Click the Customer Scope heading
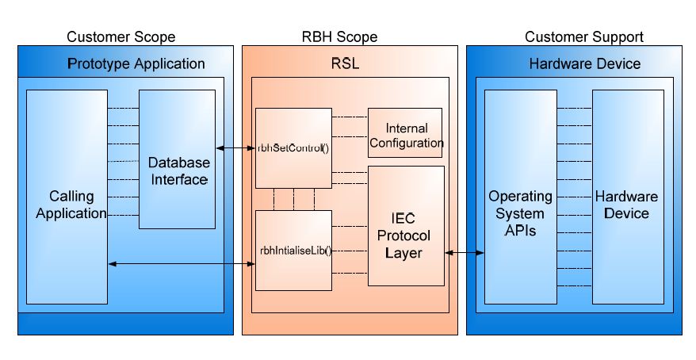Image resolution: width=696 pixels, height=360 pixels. pos(121,36)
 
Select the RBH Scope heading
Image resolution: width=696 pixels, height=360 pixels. pos(339,36)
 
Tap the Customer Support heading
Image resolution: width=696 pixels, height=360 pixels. pos(584,36)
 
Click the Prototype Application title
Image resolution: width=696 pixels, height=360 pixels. pos(136,63)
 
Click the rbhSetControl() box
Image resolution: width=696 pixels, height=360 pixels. pos(293,148)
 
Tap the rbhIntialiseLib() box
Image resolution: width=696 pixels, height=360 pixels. pos(293,250)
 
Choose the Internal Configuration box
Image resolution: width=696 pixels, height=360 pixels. pos(406,136)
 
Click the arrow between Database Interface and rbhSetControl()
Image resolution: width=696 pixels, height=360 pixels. pos(235,147)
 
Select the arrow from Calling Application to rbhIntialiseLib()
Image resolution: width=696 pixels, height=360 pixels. pos(181,262)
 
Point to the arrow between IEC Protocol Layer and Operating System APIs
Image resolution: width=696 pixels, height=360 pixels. pos(465,252)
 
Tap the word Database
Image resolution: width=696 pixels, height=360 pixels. pos(179,163)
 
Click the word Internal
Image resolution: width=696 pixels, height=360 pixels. pos(407,128)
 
